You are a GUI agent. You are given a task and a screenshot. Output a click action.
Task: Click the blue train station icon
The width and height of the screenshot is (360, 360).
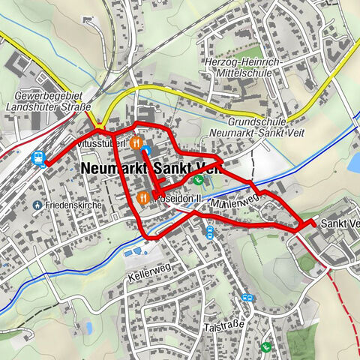click(x=38, y=158)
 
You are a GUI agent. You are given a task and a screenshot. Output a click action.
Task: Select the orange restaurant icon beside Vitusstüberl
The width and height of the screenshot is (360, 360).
click(x=136, y=141)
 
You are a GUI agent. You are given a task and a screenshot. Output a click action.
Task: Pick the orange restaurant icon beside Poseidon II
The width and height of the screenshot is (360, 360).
click(x=143, y=198)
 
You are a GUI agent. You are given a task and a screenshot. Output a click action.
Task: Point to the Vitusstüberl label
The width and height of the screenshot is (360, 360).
click(x=100, y=141)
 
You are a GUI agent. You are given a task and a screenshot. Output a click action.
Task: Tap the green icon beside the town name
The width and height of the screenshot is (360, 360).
click(x=197, y=180)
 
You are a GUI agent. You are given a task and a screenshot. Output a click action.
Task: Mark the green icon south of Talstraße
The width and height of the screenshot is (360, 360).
click(x=266, y=347)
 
